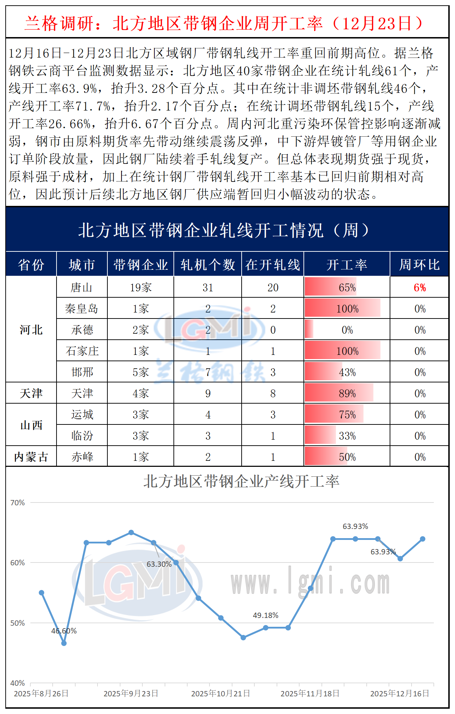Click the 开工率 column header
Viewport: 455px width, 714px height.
pyautogui.click(x=347, y=264)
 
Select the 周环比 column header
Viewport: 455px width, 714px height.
pyautogui.click(x=419, y=264)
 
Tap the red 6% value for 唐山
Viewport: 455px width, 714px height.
pyautogui.click(x=420, y=288)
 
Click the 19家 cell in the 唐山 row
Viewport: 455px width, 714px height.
pyautogui.click(x=141, y=288)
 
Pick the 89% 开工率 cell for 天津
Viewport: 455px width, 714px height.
pyautogui.click(x=347, y=394)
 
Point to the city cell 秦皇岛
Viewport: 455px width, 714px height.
pyautogui.click(x=82, y=309)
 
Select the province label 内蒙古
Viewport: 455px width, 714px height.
pyautogui.click(x=31, y=457)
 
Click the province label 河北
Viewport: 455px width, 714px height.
pyautogui.click(x=31, y=330)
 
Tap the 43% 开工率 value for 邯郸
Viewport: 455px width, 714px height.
pyautogui.click(x=347, y=373)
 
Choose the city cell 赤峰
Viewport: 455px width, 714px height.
pyautogui.click(x=82, y=457)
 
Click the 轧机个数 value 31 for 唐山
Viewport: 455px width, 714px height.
pyautogui.click(x=208, y=288)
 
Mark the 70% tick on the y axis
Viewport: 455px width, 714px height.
pyautogui.click(x=18, y=502)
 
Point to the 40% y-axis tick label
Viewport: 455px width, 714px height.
pyautogui.click(x=18, y=683)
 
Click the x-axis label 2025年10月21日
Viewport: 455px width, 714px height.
pyautogui.click(x=220, y=694)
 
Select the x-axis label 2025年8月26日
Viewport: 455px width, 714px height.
pyautogui.click(x=41, y=694)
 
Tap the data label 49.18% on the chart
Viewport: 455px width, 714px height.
pyautogui.click(x=266, y=615)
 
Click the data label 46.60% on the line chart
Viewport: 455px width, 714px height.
pyautogui.click(x=64, y=631)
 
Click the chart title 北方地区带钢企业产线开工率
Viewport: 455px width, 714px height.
pyautogui.click(x=241, y=482)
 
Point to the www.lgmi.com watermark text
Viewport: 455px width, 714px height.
pyautogui.click(x=310, y=583)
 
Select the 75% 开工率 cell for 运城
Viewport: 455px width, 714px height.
pyautogui.click(x=347, y=415)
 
